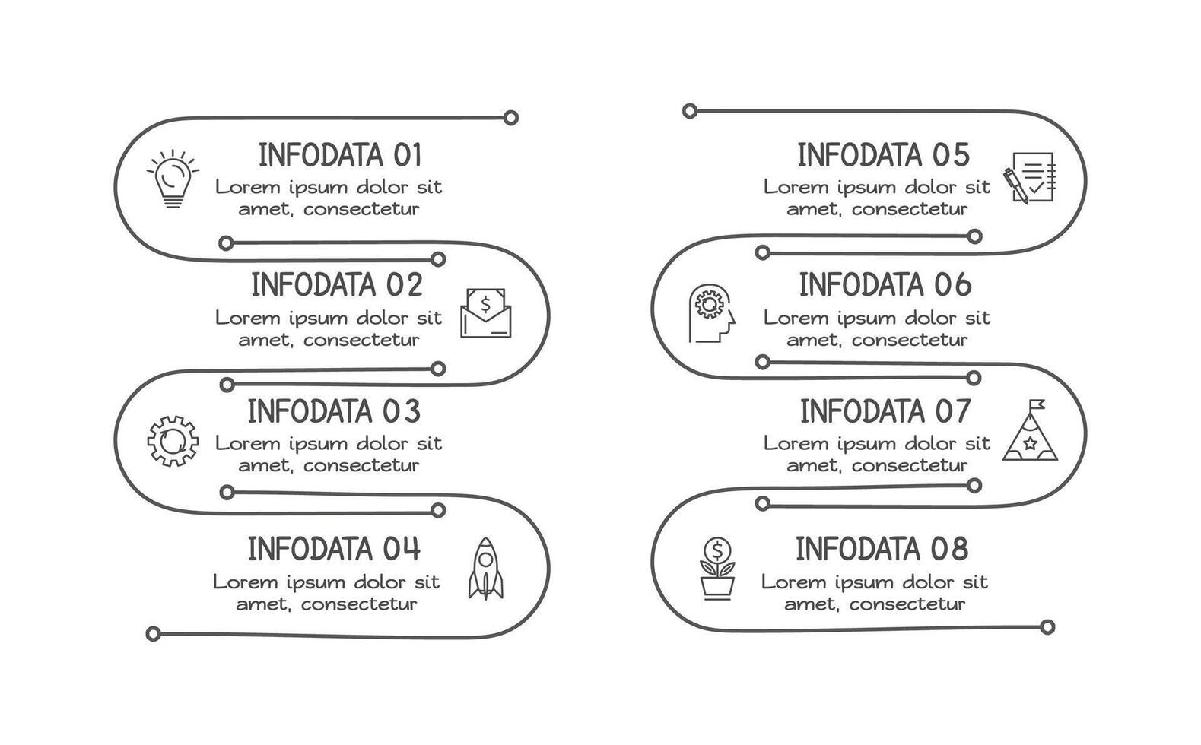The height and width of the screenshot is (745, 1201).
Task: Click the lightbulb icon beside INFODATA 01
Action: click(x=173, y=179)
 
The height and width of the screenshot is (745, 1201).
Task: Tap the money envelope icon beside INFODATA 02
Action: click(x=486, y=312)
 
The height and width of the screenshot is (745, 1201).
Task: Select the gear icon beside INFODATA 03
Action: click(x=173, y=440)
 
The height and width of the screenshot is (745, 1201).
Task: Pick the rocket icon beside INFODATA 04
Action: click(x=485, y=568)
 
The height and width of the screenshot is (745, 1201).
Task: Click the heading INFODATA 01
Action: click(x=339, y=155)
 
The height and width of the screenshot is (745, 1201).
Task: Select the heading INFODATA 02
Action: click(x=336, y=285)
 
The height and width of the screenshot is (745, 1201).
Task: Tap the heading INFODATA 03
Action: click(x=334, y=411)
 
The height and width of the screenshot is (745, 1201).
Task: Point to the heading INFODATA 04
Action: click(x=334, y=548)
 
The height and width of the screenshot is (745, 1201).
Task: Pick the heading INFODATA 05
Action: click(x=884, y=155)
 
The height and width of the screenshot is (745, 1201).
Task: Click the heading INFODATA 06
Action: click(x=885, y=285)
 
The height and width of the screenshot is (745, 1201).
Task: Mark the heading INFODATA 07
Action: click(x=885, y=411)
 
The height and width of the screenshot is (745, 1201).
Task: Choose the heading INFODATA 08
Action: click(x=882, y=548)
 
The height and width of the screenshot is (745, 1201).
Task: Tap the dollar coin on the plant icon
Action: click(x=717, y=549)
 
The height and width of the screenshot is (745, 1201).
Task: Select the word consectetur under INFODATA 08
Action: click(x=907, y=604)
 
